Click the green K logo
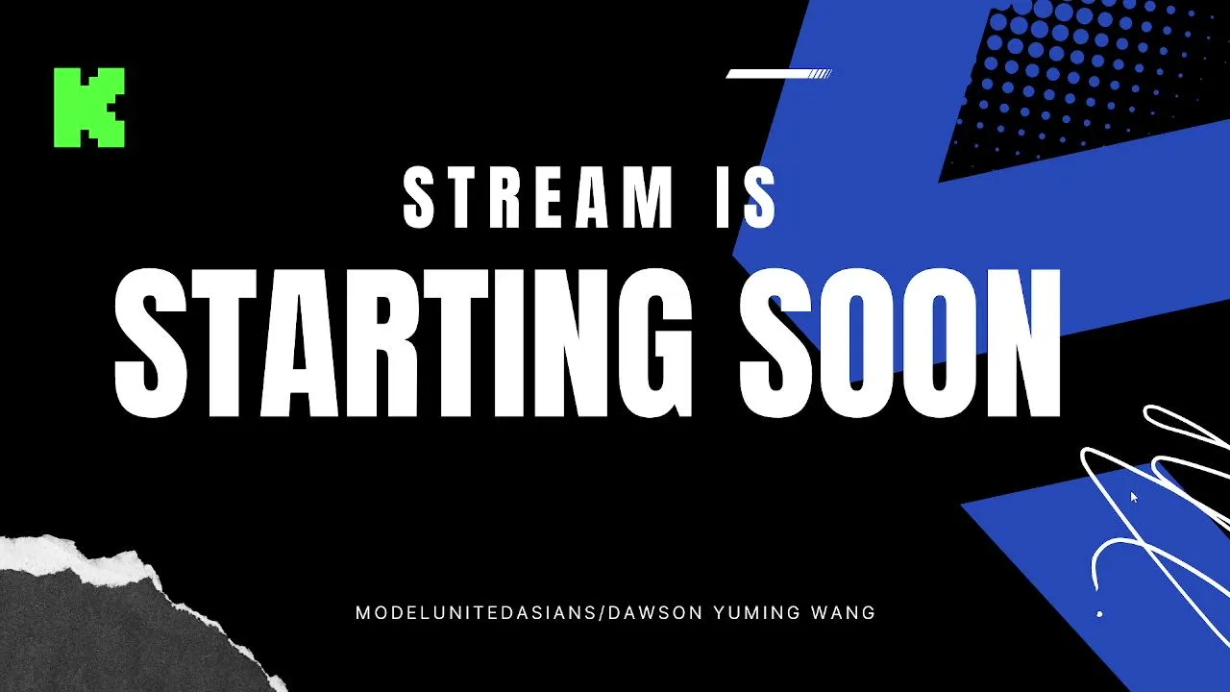click(x=89, y=108)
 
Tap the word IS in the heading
click(x=747, y=197)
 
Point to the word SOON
click(x=899, y=344)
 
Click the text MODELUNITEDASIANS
click(x=476, y=612)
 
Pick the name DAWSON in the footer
click(x=655, y=612)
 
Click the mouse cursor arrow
click(x=1134, y=497)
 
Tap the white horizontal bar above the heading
click(x=778, y=74)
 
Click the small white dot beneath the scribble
click(x=1099, y=614)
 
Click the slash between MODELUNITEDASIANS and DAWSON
click(x=602, y=613)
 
